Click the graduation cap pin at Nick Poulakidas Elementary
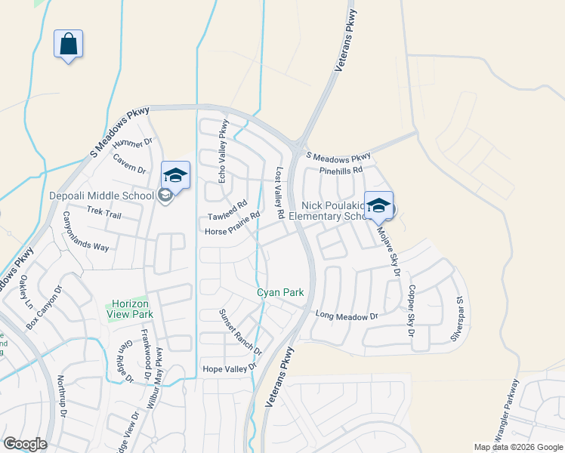coord(378,205)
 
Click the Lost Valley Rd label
coord(279,193)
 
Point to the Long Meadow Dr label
coord(345,316)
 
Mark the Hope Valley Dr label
coord(230,368)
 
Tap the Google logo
coord(25,444)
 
